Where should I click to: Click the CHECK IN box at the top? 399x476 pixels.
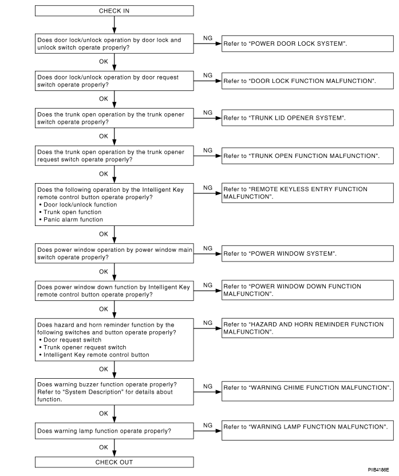point(114,10)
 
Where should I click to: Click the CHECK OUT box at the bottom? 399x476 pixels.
point(114,462)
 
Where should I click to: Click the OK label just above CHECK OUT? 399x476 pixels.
point(103,446)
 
